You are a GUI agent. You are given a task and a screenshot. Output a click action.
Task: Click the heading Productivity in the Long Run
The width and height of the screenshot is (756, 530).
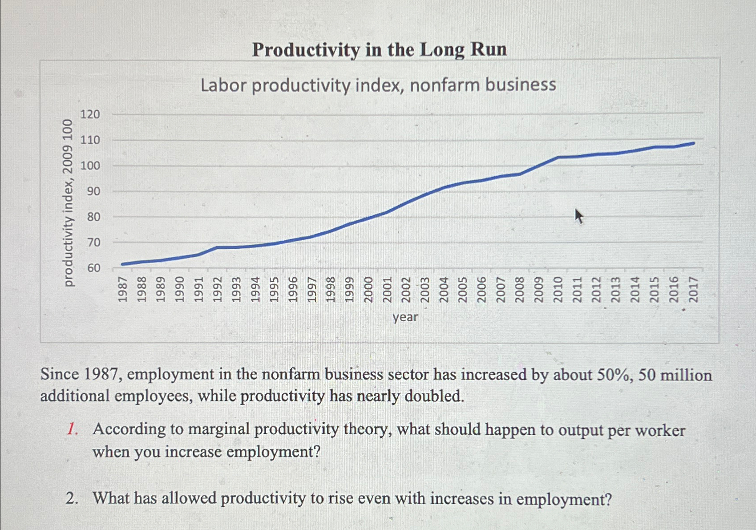[379, 49]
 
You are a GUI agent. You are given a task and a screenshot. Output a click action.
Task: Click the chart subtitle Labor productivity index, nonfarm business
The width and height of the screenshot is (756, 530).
[378, 85]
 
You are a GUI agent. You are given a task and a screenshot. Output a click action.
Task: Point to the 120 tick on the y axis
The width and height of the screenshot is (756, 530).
[90, 114]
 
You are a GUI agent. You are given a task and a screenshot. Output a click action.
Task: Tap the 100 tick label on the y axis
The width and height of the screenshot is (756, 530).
[90, 166]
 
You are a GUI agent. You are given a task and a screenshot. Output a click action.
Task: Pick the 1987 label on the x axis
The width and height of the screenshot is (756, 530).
[123, 289]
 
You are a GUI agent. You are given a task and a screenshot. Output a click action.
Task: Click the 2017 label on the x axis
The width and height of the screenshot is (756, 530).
[693, 289]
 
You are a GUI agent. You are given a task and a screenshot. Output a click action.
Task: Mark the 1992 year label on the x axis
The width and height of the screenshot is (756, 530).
[218, 289]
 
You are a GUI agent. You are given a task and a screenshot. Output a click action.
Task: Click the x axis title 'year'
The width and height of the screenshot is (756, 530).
[405, 317]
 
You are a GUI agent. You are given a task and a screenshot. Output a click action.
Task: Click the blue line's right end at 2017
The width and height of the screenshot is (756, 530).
[693, 143]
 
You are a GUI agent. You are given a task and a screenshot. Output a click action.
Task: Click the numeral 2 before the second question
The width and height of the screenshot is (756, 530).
[71, 498]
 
